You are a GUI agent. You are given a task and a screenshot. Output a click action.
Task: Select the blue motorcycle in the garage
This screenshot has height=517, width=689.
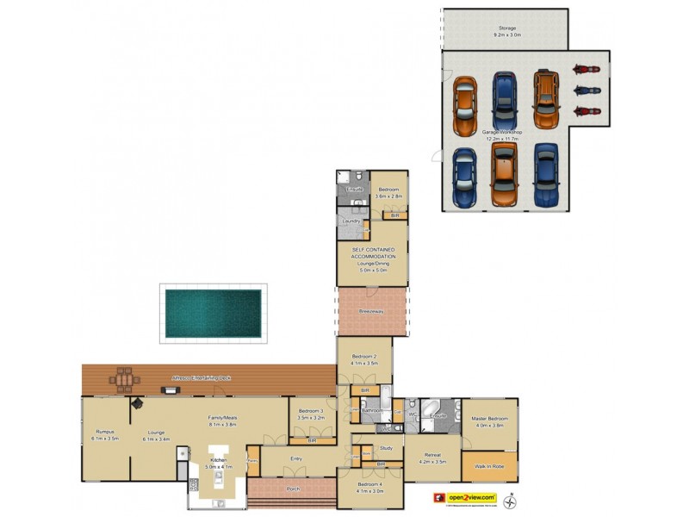(586, 90)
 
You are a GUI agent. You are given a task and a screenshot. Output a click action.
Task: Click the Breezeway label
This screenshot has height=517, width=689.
(370, 312)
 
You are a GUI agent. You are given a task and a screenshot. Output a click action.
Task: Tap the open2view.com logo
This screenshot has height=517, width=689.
(466, 497)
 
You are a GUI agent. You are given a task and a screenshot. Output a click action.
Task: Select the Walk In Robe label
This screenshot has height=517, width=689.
(489, 466)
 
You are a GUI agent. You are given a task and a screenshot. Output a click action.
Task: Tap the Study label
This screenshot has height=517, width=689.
(386, 448)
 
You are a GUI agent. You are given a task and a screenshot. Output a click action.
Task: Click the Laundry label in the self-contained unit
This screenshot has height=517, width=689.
(351, 221)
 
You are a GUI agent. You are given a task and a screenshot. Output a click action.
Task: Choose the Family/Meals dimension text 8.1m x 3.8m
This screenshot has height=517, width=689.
(222, 425)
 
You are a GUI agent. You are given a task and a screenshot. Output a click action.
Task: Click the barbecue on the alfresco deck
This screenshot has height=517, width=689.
(171, 390)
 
